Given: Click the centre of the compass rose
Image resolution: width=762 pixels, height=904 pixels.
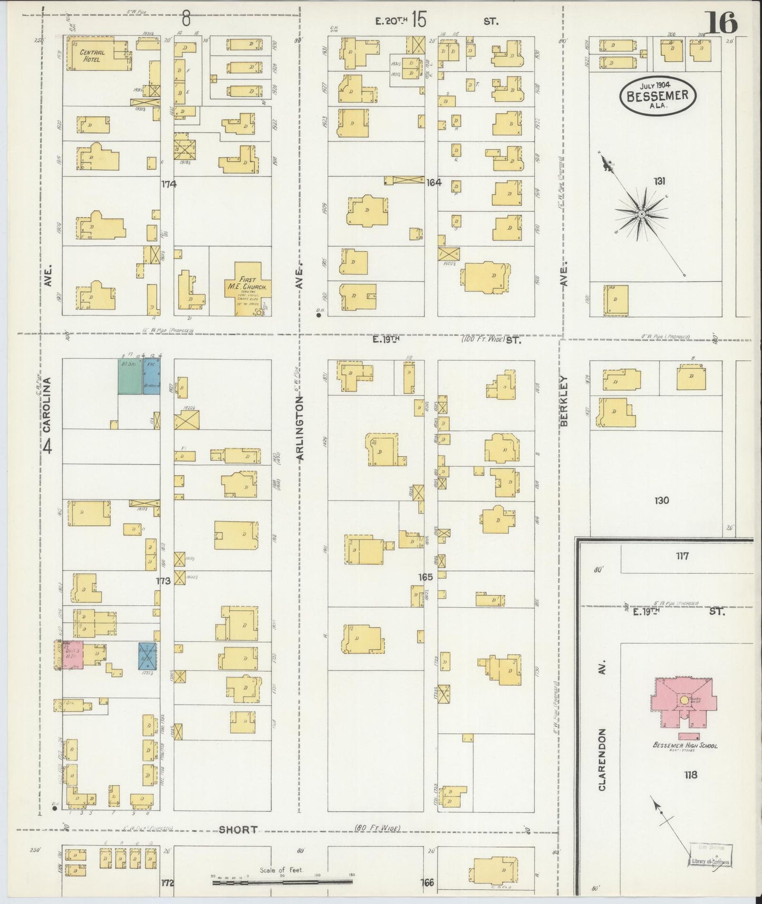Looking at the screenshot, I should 641,214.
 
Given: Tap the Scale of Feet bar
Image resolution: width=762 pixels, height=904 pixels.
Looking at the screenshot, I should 282,880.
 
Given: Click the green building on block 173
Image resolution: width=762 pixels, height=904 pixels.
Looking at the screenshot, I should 130,376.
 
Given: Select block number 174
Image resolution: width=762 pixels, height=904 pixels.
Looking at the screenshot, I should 169,184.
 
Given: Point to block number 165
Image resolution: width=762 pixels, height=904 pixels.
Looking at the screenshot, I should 425,577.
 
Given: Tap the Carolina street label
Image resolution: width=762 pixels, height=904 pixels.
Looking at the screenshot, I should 48,402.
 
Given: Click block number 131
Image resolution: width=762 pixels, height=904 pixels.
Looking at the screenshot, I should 659,181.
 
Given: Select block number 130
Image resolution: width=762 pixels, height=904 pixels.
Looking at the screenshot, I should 661,500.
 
